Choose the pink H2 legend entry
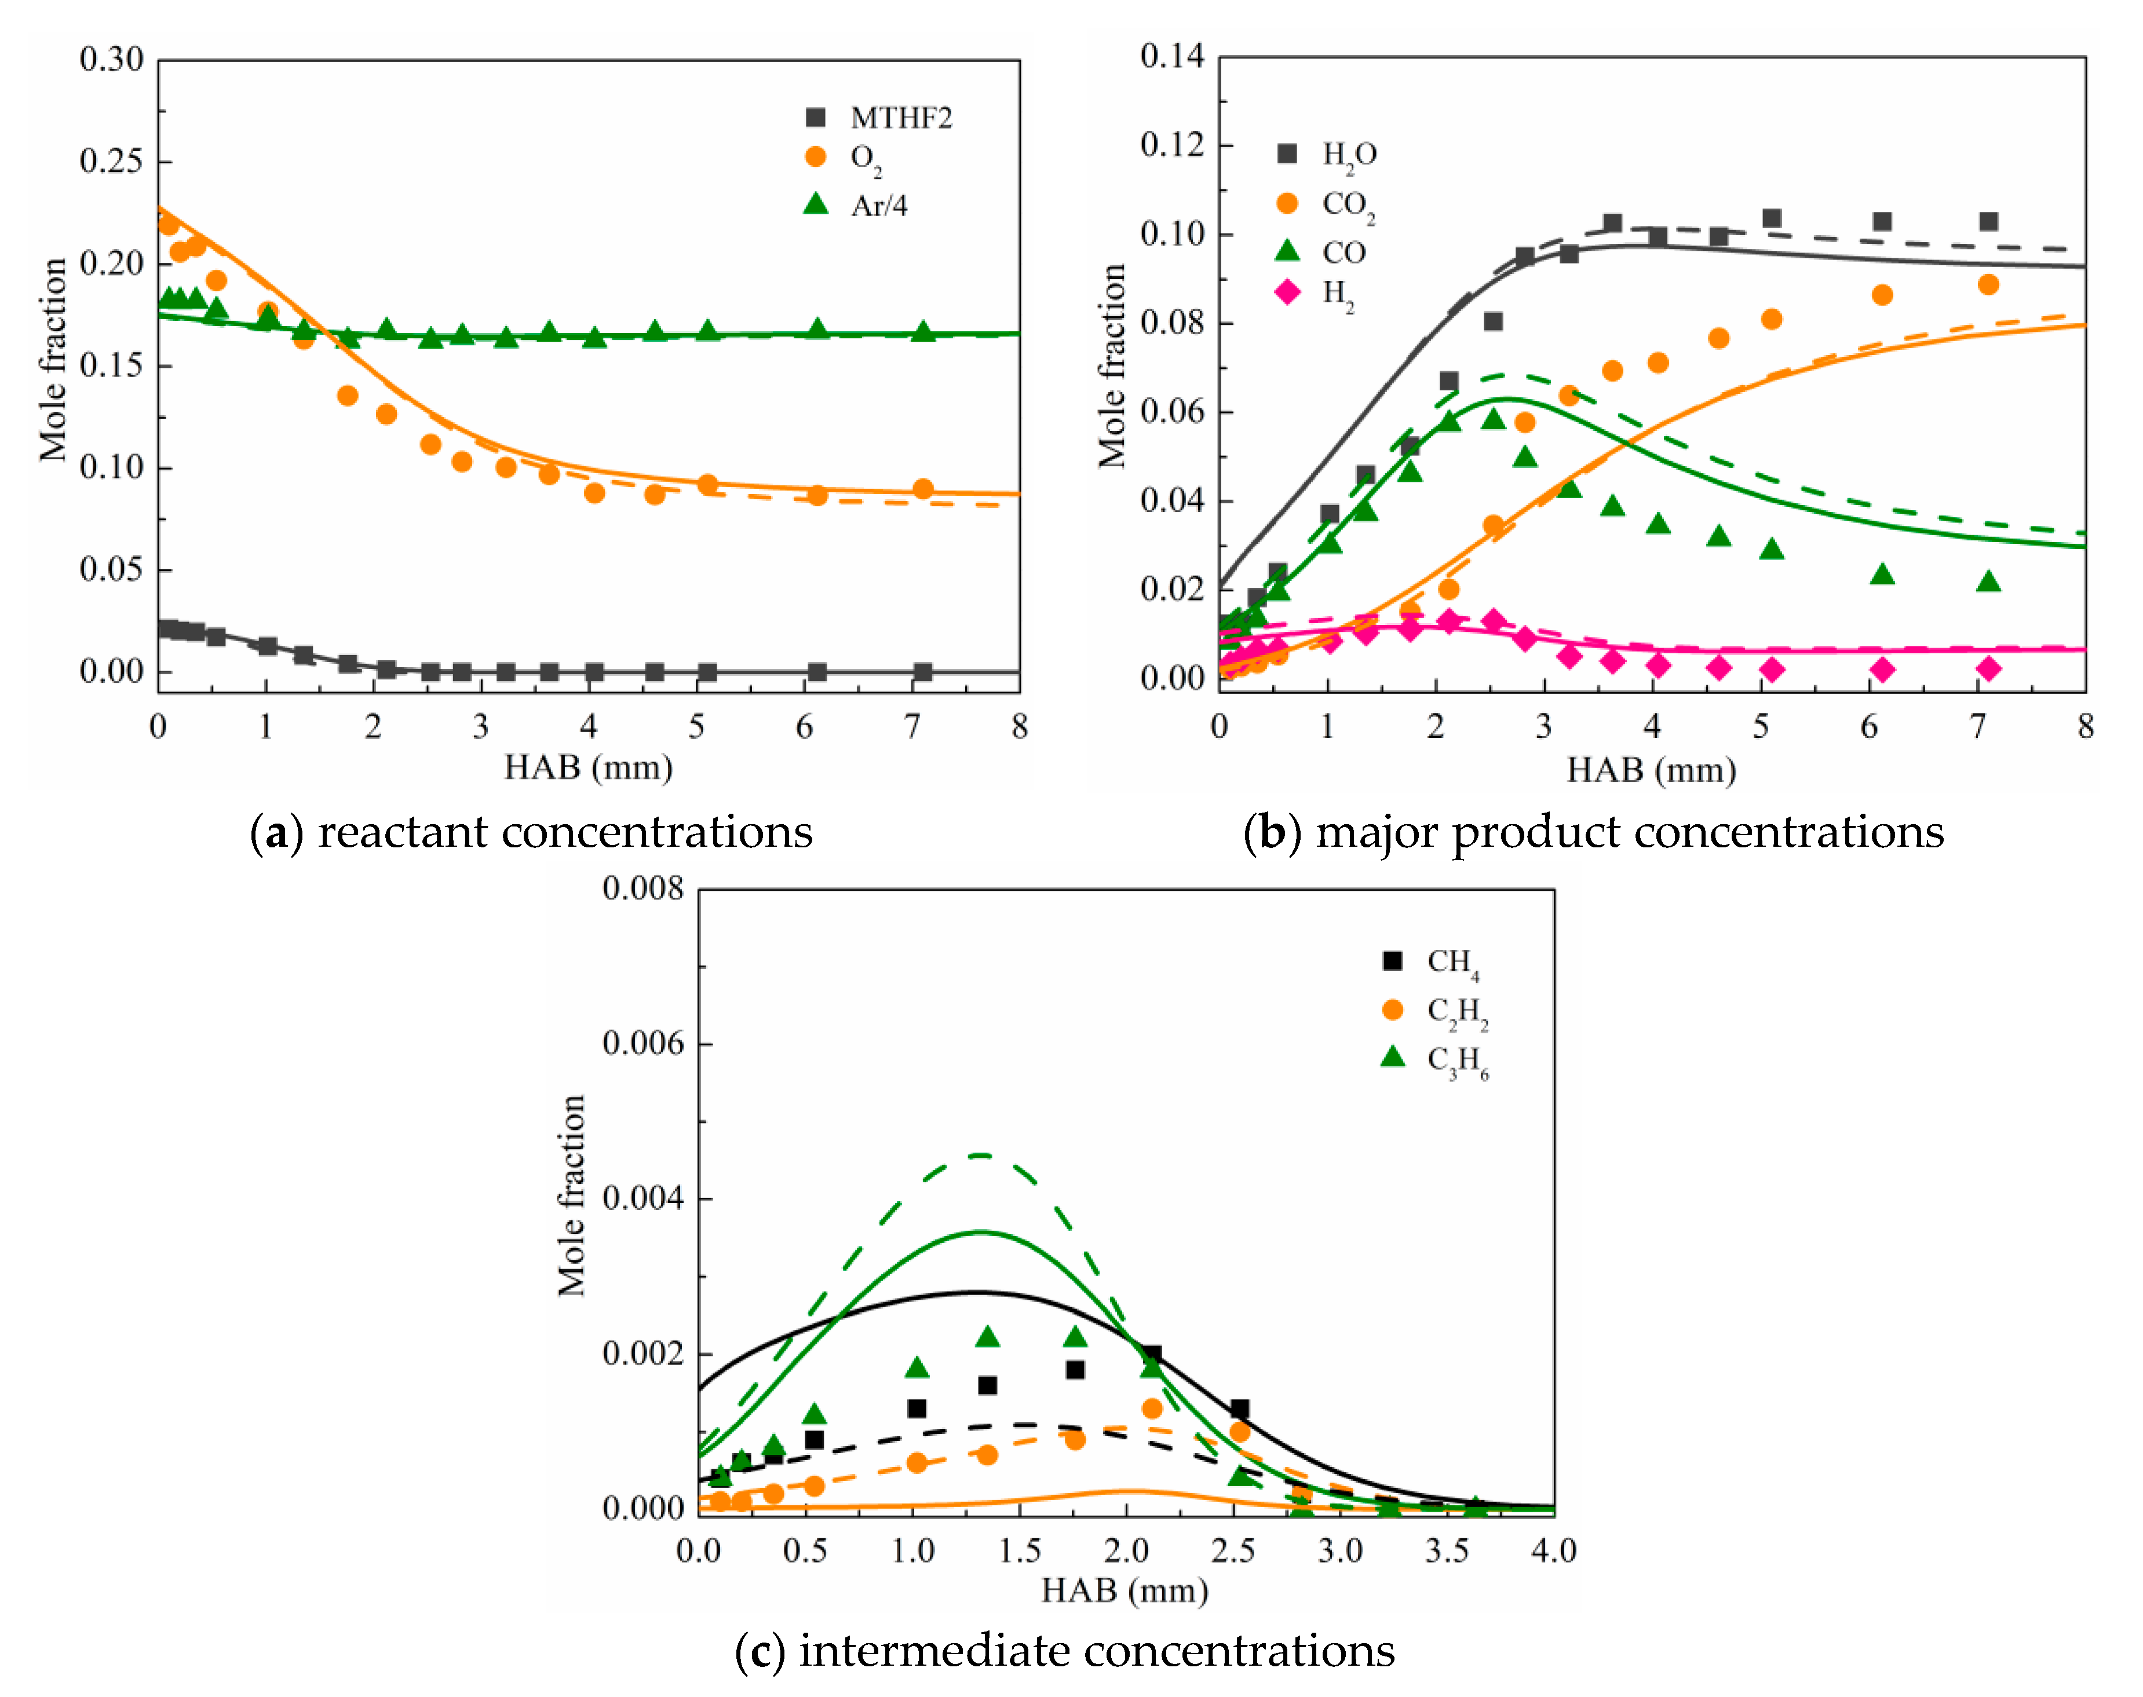coord(1314,293)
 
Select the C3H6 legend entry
coord(1435,1060)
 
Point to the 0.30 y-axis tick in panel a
coord(111,60)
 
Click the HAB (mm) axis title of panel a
coord(589,767)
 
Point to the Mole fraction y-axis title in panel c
coord(572,1196)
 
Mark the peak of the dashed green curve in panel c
coord(980,1154)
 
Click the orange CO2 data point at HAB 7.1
coord(1988,285)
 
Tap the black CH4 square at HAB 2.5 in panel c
coord(1239,1409)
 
